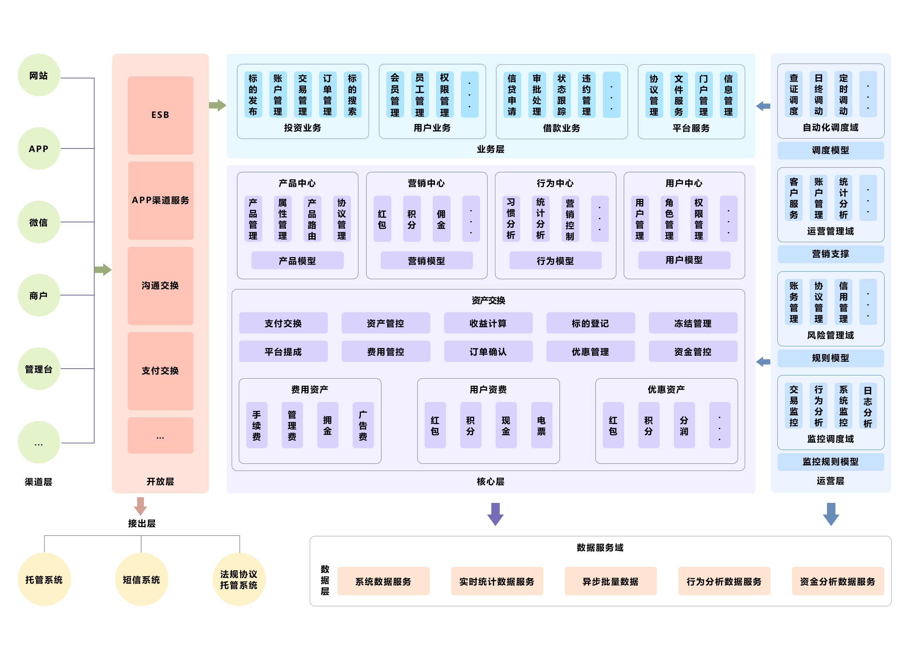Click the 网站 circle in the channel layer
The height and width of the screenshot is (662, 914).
click(39, 75)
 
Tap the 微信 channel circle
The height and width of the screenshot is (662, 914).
click(39, 222)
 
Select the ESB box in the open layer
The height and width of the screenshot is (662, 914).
click(160, 115)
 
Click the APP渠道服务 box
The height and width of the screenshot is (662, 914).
click(160, 201)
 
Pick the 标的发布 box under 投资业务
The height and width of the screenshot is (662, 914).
click(253, 95)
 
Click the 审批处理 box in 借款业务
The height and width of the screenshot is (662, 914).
click(537, 95)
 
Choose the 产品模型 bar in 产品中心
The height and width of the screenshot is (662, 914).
click(297, 261)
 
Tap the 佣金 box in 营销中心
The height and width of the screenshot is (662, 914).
click(441, 219)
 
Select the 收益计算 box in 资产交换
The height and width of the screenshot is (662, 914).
click(488, 323)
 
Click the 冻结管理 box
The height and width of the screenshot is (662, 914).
click(693, 323)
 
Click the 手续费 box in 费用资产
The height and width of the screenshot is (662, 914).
click(257, 425)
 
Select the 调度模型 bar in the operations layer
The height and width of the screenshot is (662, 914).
click(831, 151)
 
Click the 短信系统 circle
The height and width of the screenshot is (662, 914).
click(142, 580)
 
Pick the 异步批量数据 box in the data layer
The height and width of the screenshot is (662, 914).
click(610, 581)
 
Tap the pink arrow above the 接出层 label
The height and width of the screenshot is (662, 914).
click(140, 506)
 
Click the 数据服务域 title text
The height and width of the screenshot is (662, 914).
click(600, 547)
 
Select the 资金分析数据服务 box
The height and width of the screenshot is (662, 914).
click(837, 581)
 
